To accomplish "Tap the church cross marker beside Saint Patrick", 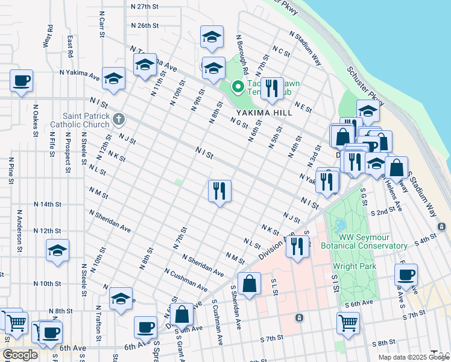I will (119, 120).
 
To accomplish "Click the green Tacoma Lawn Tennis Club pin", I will (238, 87).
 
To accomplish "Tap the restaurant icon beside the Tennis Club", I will (273, 89).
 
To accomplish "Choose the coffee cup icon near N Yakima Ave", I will (21, 80).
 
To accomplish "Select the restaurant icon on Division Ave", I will (297, 246).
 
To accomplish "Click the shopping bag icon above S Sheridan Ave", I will (249, 284).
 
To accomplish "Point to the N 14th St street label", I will (48, 205).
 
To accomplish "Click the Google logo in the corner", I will (20, 355).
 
